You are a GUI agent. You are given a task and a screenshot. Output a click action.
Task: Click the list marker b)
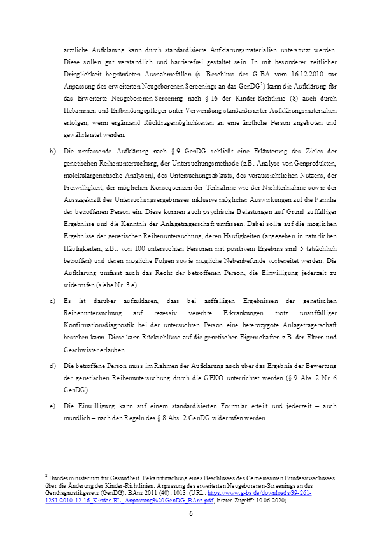point(52,150)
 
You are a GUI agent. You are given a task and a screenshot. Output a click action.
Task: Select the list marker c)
point(52,301)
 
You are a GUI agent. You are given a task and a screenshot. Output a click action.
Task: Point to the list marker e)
point(52,405)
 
